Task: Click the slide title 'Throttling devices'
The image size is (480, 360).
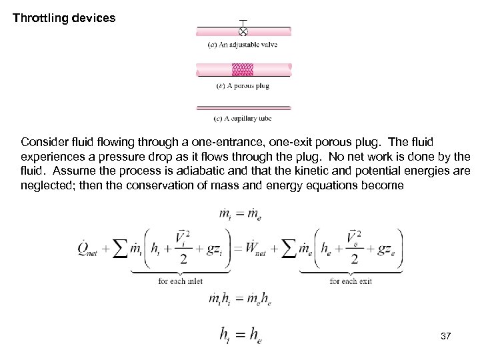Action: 65,17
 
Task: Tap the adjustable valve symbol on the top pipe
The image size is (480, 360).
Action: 243,31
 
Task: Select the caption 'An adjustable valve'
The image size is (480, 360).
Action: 243,45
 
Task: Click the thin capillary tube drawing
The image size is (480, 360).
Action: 243,107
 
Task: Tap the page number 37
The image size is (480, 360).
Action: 446,337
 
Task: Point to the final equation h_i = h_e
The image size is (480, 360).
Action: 240,335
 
